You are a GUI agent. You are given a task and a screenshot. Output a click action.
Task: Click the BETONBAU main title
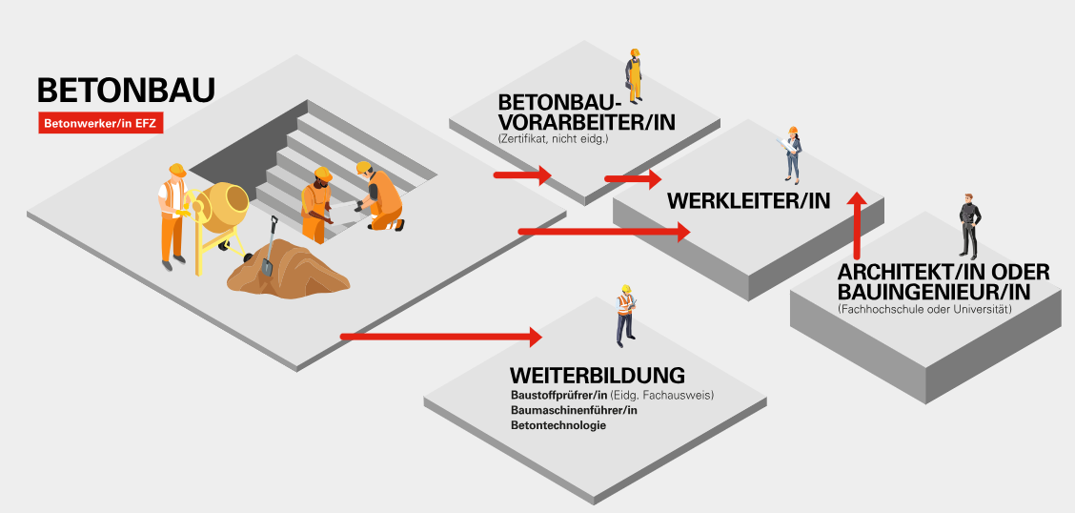(126, 91)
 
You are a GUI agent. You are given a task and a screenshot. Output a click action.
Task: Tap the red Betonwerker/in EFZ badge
(101, 122)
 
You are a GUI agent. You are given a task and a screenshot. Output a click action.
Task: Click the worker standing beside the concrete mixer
(172, 215)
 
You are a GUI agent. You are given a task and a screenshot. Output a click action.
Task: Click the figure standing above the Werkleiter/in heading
(792, 154)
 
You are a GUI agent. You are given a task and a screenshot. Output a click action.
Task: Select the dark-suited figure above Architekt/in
(968, 226)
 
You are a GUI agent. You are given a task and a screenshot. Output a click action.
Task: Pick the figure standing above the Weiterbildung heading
(625, 315)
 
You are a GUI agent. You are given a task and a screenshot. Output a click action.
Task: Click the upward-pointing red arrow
(857, 225)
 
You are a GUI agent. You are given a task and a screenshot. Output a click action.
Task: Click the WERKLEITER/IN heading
(748, 201)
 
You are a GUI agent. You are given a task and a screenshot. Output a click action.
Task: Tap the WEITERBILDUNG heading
(598, 374)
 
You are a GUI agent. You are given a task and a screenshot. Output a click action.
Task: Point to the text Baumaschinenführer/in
(574, 410)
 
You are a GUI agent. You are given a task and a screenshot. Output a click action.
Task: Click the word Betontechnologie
(558, 425)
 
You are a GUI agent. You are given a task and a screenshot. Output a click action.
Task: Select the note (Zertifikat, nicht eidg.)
(553, 139)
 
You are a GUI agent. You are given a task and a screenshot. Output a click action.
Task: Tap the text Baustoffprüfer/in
(559, 395)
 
